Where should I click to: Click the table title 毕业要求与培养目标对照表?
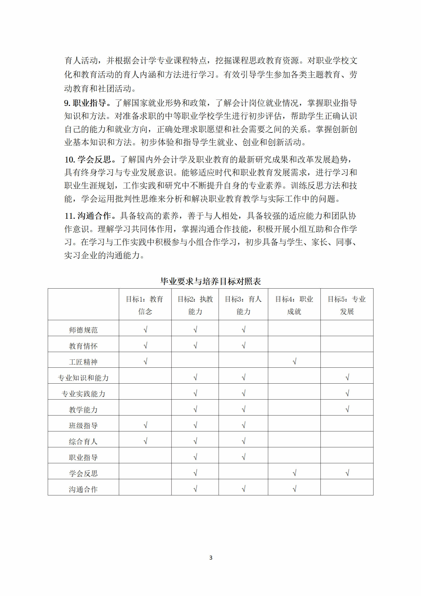210,281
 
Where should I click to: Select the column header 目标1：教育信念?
145,305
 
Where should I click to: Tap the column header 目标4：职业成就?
294,305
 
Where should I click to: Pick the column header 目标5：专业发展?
347,305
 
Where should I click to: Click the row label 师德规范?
83,330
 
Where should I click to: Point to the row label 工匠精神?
83,362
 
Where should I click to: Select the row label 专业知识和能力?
83,378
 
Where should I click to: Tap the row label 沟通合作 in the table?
83,489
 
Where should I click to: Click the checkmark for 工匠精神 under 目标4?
294,361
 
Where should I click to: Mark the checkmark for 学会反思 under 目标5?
347,473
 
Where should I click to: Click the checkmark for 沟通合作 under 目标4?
294,489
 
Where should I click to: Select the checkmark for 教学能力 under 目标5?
347,409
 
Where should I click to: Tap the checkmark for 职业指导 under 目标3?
244,457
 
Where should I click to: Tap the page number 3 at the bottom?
211,558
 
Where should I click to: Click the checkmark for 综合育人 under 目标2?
195,441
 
